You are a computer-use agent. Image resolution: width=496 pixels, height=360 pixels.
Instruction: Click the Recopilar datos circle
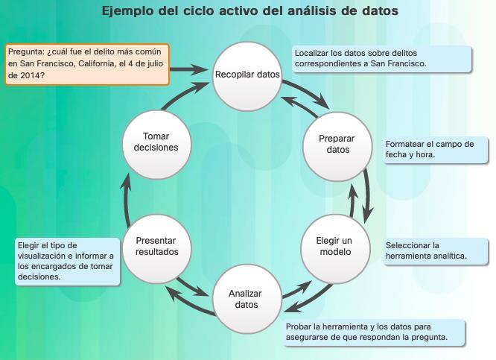tap(247, 75)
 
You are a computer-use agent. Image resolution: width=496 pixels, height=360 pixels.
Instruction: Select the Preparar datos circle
tap(337, 145)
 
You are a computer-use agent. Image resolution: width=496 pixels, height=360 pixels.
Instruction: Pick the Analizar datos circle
tap(247, 300)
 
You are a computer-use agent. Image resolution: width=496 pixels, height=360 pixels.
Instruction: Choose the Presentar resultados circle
tap(156, 247)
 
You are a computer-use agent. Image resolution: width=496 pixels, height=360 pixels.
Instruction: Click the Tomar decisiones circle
tap(156, 142)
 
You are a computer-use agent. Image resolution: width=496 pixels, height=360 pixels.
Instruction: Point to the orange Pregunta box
tap(87, 64)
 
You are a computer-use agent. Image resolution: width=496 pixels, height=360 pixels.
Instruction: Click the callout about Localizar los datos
tap(383, 59)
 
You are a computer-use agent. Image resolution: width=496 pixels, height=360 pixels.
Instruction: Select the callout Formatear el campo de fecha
tap(435, 150)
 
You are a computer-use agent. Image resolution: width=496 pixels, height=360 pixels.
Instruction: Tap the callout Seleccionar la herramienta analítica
tap(435, 250)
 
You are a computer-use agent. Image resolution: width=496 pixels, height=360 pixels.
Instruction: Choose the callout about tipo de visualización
tap(67, 261)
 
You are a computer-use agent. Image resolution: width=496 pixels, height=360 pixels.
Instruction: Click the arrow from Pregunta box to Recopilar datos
tap(189, 69)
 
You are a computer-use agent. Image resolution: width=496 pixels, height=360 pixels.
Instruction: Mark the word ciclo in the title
tap(196, 11)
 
